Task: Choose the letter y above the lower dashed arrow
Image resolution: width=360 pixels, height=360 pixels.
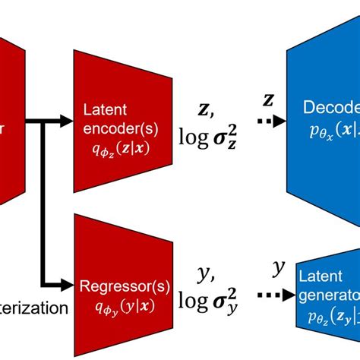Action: (278, 267)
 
